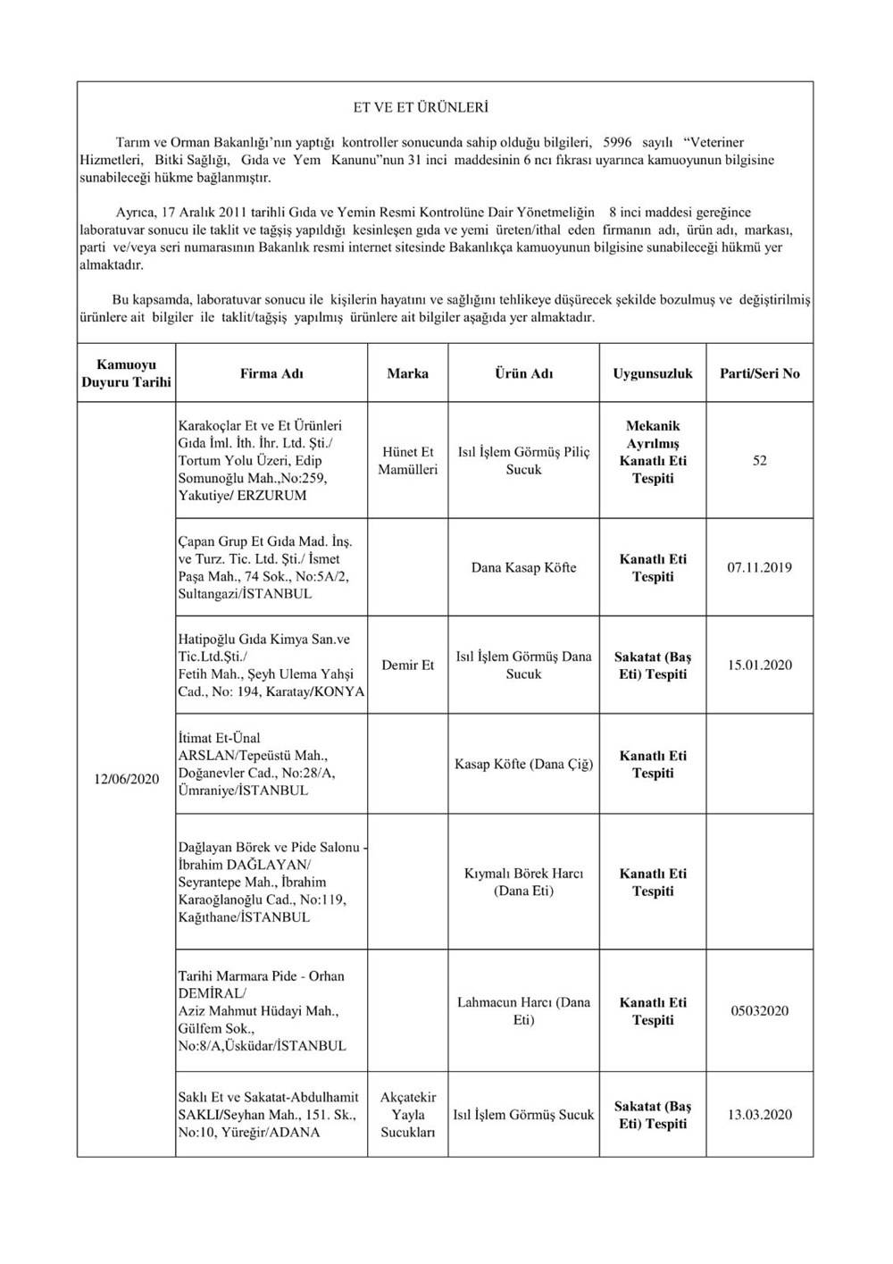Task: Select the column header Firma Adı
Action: click(x=271, y=373)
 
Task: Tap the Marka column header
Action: click(x=407, y=373)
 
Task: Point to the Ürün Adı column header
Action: click(x=523, y=373)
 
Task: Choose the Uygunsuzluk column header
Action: click(x=653, y=373)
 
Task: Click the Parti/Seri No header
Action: click(x=759, y=373)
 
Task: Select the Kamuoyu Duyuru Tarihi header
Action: click(x=126, y=373)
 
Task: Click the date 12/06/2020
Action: click(x=126, y=779)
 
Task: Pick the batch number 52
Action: click(x=759, y=461)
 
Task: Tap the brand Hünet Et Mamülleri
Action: click(x=407, y=461)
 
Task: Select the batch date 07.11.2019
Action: click(x=759, y=567)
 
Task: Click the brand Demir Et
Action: click(x=407, y=665)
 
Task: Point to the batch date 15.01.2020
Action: click(x=759, y=665)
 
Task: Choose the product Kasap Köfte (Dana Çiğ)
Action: click(x=523, y=765)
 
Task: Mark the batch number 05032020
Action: click(x=759, y=1011)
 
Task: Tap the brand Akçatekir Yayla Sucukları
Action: click(x=407, y=1114)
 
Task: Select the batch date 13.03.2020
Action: click(x=759, y=1114)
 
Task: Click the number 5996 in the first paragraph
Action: click(x=618, y=142)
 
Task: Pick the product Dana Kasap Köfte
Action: click(x=523, y=567)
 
